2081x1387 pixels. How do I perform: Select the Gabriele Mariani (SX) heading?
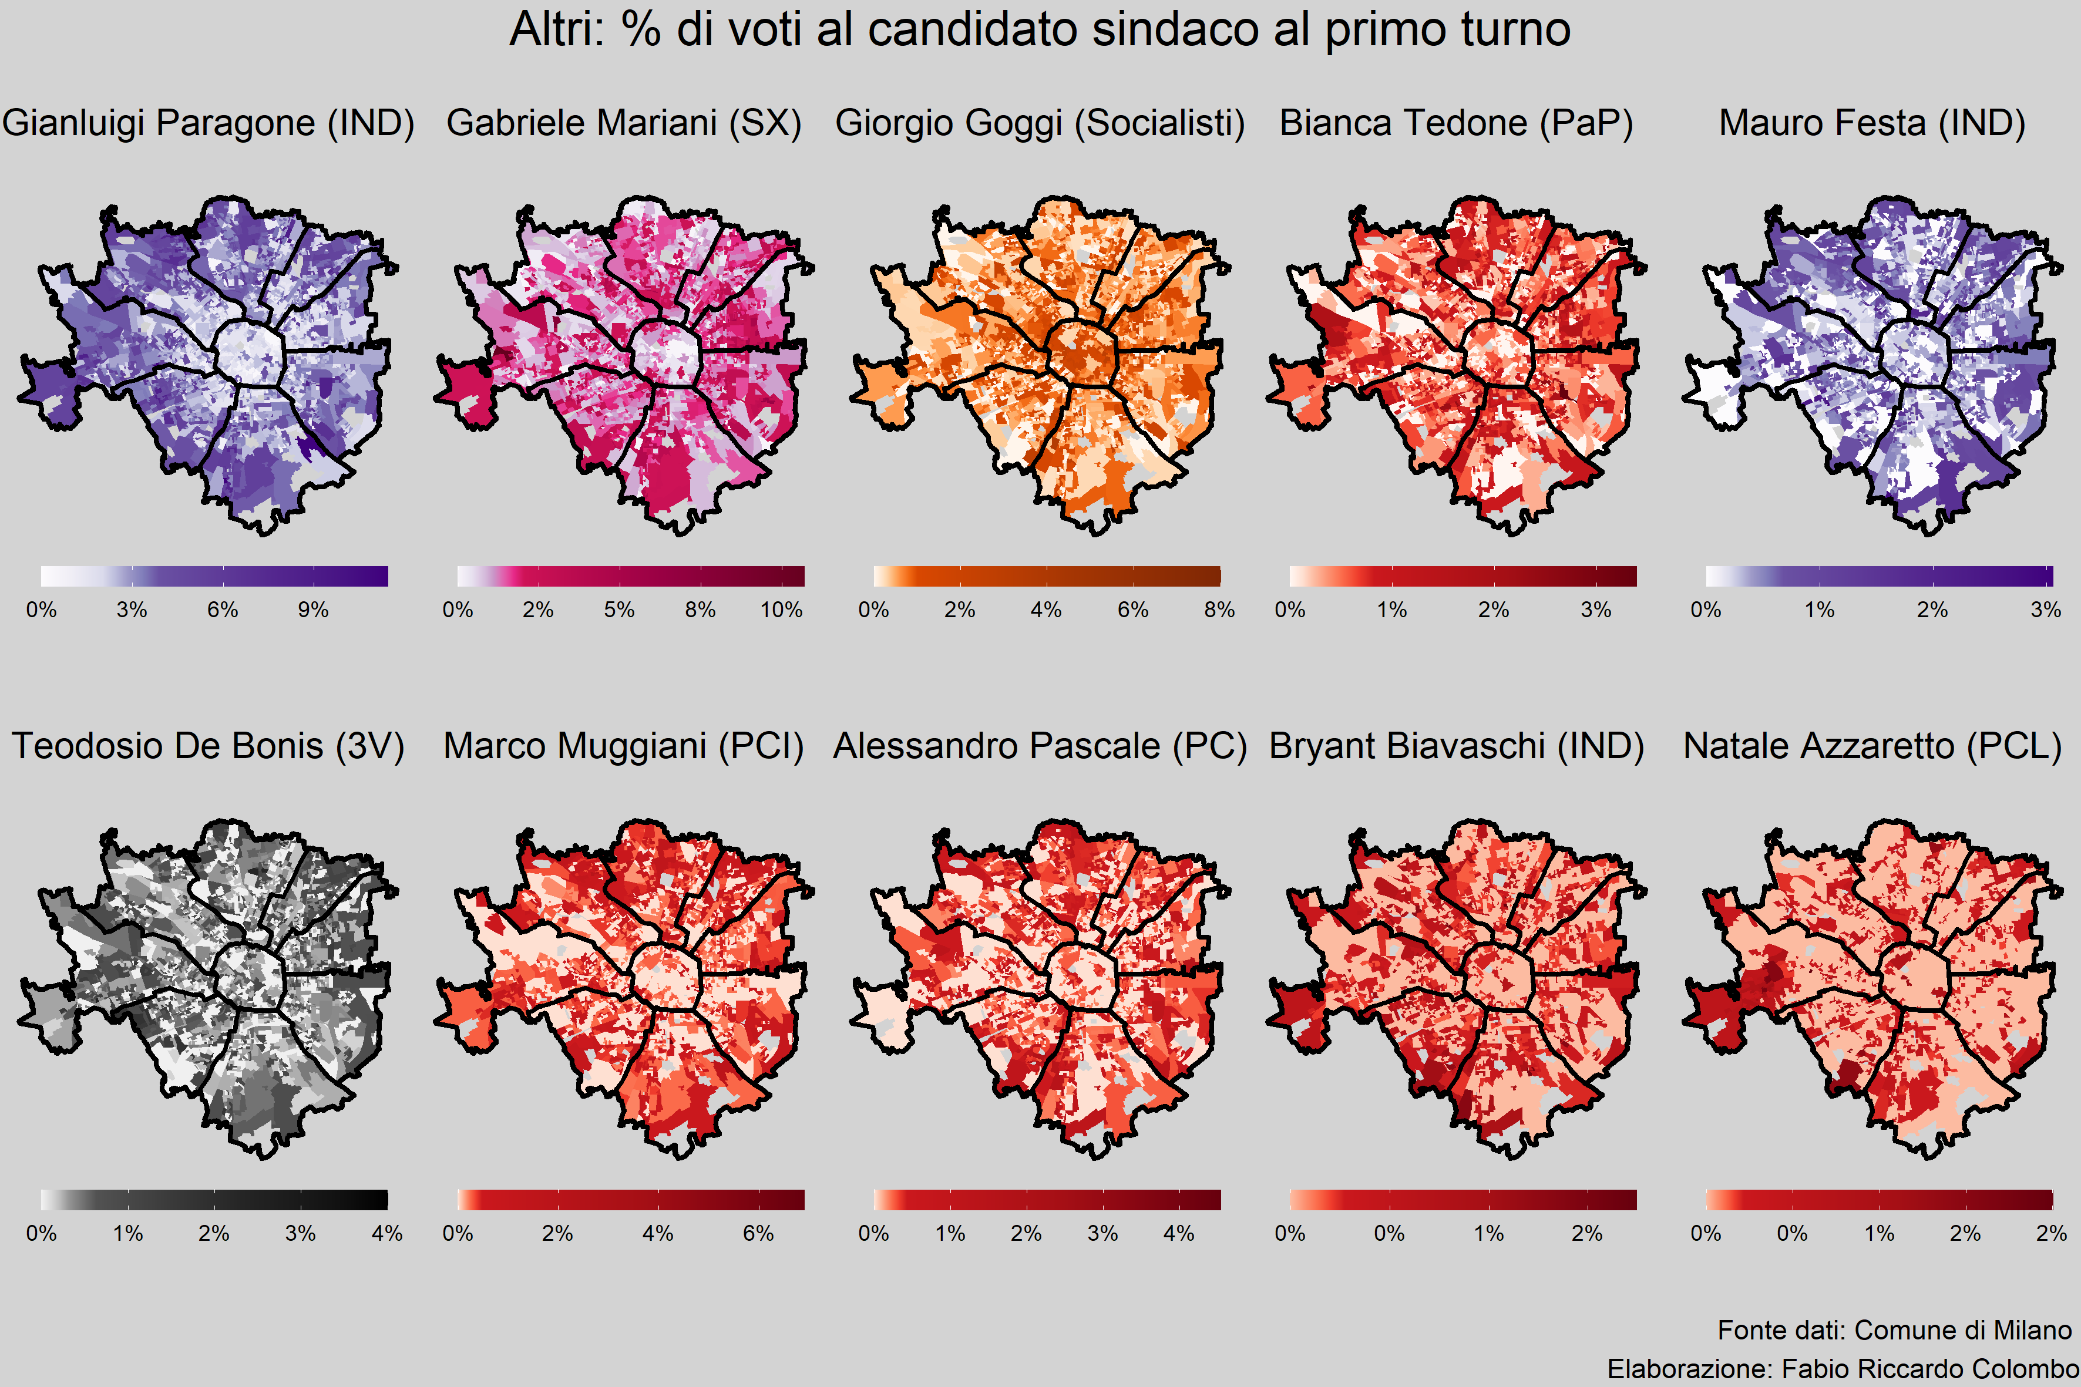coord(624,123)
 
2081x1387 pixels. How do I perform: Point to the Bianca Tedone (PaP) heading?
coord(1456,123)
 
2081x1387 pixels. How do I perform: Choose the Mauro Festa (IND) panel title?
coord(1872,123)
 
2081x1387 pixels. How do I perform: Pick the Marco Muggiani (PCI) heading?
coord(624,746)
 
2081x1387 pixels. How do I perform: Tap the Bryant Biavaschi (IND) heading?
coord(1456,746)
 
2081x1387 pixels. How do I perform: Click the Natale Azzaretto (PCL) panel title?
coord(1872,746)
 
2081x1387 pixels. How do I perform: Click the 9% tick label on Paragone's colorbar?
coord(313,610)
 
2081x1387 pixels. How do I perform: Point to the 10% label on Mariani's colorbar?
coord(781,610)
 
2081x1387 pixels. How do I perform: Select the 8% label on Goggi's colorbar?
coord(1219,610)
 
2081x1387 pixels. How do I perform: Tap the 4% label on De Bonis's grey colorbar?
coord(386,1234)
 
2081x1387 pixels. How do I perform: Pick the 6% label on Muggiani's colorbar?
coord(758,1234)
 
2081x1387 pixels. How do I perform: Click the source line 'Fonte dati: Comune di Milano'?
coord(1894,1331)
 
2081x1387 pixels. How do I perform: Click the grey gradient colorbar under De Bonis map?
coord(214,1200)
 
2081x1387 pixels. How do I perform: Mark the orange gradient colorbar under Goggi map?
coord(1047,576)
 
